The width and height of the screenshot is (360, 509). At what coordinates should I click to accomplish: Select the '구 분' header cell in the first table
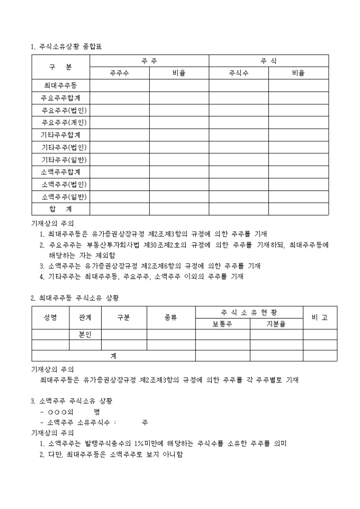point(60,67)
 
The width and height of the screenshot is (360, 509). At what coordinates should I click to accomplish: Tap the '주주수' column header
point(119,74)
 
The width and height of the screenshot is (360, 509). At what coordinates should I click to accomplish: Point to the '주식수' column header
point(238,74)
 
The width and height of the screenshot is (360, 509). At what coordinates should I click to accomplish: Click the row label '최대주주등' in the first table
point(60,86)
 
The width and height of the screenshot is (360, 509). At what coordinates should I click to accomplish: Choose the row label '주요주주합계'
point(60,98)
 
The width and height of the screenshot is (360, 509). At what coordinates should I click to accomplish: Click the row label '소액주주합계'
point(60,172)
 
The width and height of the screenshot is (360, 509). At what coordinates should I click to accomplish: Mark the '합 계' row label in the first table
point(60,209)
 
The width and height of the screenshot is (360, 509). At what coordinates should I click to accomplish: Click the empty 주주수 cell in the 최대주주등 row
point(119,86)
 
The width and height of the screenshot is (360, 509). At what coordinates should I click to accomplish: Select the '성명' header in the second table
point(50,317)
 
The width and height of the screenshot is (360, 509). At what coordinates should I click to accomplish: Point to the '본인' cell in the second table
point(85,334)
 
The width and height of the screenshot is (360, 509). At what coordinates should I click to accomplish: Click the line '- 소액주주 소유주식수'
point(78,422)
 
